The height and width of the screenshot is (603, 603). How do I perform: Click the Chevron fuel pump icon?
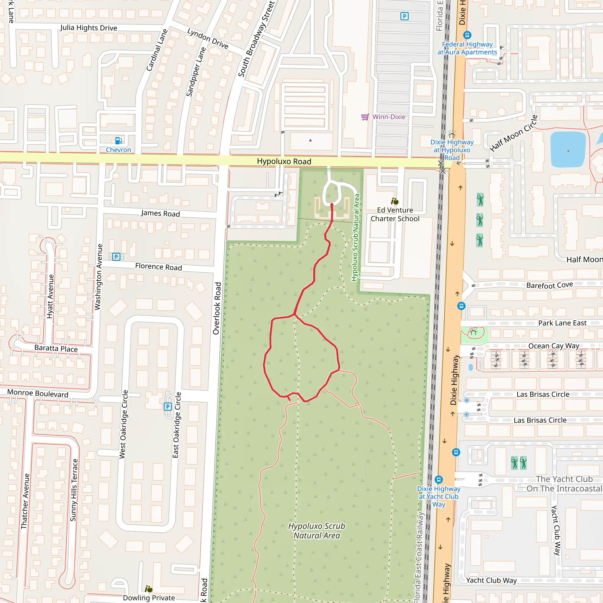[x=118, y=141]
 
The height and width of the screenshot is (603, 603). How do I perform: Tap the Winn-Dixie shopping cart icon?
[x=365, y=117]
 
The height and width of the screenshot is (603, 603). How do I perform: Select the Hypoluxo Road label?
[x=284, y=161]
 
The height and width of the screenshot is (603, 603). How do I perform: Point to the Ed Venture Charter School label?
[x=395, y=214]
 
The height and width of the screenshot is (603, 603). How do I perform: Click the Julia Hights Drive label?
[x=89, y=28]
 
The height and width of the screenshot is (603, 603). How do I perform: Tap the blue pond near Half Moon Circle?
[x=568, y=150]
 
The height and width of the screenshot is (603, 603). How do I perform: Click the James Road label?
[x=160, y=213]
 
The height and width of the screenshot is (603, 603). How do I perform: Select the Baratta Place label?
[x=56, y=348]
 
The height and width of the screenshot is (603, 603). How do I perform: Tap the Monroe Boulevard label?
[x=37, y=393]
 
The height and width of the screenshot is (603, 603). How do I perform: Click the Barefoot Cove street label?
[x=549, y=285]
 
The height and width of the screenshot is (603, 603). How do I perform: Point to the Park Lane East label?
[x=562, y=323]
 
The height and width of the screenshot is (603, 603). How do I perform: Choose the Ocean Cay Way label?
[x=553, y=346]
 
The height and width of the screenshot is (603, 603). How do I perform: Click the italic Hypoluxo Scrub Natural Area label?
[x=317, y=531]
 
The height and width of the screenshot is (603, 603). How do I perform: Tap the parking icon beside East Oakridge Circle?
[x=168, y=407]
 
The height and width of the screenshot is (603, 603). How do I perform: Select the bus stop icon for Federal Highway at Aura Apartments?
[x=467, y=35]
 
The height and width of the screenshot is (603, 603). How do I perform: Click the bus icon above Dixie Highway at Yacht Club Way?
[x=438, y=479]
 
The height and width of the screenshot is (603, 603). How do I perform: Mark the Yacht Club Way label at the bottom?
[x=491, y=581]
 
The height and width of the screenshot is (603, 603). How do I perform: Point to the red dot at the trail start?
[x=332, y=205]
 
